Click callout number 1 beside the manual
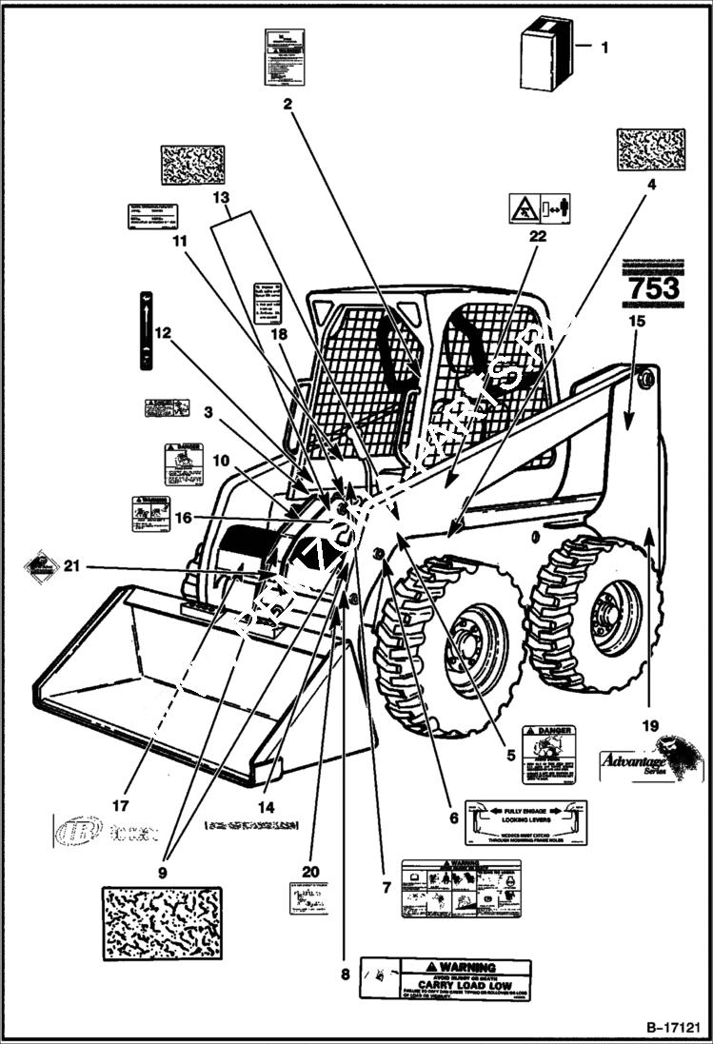[x=605, y=45]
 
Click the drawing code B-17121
[x=673, y=1029]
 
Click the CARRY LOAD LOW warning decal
[x=445, y=978]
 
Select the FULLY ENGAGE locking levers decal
[x=525, y=821]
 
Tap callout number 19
[x=650, y=726]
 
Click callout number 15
[x=637, y=321]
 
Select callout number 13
[x=221, y=198]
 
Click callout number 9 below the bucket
[x=162, y=871]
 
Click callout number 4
[x=652, y=187]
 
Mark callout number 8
[x=345, y=974]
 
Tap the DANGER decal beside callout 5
[x=549, y=753]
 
